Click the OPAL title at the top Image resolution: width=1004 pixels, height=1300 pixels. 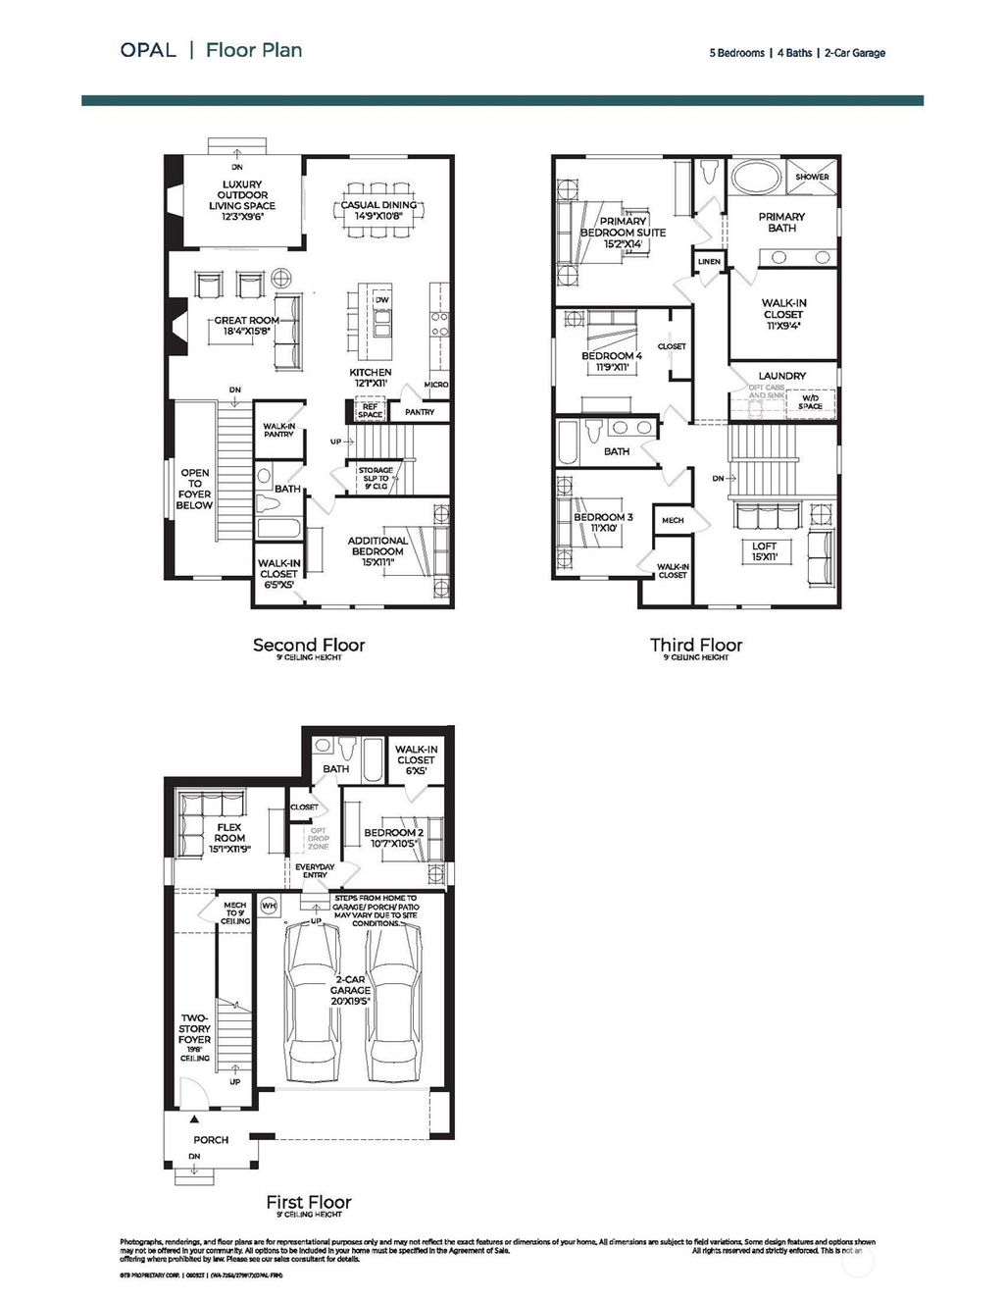coord(148,50)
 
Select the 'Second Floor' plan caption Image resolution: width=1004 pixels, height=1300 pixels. coord(309,645)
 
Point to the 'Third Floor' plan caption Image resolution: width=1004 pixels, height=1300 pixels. coord(696,645)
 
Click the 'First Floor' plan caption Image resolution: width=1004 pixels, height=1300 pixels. coord(309,1202)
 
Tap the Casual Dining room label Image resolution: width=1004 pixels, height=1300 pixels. coord(378,211)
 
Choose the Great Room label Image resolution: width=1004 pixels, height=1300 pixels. coord(247,326)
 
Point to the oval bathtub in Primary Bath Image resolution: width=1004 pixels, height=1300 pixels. coord(756,181)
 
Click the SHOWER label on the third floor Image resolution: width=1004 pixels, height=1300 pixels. coord(812,177)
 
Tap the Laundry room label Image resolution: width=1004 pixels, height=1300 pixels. coord(782,376)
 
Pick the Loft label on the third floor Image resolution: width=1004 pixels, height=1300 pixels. coord(765,551)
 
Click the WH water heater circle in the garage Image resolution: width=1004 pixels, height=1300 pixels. coord(269,905)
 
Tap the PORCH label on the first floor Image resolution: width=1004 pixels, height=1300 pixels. coord(211,1139)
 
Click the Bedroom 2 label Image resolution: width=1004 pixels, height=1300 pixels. coord(393,838)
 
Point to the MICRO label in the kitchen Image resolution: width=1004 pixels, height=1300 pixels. coord(436,385)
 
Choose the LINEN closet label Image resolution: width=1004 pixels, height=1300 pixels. coord(709,262)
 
